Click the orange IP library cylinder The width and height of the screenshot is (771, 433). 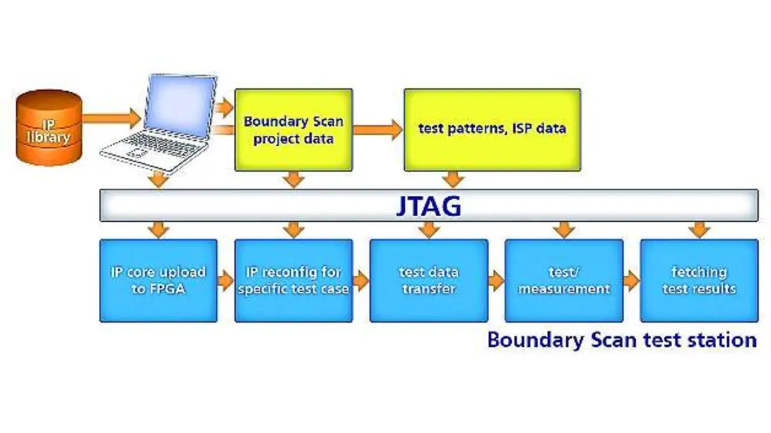(49, 127)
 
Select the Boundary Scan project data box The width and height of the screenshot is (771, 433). (293, 130)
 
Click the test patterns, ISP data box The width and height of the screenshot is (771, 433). (492, 130)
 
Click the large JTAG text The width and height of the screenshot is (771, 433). (428, 206)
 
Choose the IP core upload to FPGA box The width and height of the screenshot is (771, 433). (158, 281)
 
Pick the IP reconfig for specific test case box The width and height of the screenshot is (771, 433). (293, 281)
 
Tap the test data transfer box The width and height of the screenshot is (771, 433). (429, 281)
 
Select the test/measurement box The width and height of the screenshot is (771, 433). (564, 281)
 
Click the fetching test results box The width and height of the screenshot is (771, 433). (699, 281)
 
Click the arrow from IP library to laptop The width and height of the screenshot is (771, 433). (112, 119)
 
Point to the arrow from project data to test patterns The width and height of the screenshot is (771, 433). (378, 129)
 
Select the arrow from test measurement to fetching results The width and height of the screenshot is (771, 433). (632, 281)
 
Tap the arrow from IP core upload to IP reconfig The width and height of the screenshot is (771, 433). (226, 281)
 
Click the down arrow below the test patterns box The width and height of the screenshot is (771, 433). (453, 179)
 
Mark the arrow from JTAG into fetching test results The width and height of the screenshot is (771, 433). (699, 230)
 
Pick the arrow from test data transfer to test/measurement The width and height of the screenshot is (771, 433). (496, 281)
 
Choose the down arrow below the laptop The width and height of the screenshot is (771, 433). (158, 179)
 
